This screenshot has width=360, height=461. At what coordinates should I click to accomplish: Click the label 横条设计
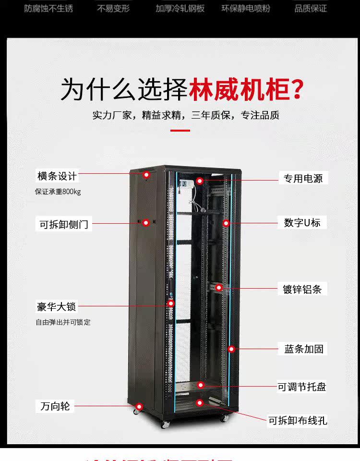point(57,176)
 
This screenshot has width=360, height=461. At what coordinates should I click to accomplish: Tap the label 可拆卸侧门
point(64,224)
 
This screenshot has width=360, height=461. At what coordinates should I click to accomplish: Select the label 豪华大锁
point(57,306)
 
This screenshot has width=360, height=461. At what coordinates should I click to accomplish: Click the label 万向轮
point(55,406)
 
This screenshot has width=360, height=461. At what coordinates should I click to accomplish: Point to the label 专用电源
point(303,179)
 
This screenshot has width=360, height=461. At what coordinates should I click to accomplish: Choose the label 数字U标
point(302,223)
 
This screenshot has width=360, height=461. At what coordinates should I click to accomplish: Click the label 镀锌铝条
point(302,289)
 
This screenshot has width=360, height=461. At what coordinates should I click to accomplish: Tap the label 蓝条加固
point(304,349)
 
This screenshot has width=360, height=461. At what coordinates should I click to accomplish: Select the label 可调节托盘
point(302,387)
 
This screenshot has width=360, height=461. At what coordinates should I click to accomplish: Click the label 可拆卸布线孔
point(298,421)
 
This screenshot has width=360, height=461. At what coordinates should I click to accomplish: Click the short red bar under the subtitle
point(180,130)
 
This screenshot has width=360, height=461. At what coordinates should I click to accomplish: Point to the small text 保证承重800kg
point(58,192)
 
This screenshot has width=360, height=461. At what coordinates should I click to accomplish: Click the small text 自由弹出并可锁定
point(63,322)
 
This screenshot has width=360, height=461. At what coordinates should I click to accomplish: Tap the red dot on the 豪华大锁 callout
point(170,303)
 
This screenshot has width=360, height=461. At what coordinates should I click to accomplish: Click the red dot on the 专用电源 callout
point(199,181)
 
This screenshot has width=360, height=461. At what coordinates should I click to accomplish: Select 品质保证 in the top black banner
point(311,9)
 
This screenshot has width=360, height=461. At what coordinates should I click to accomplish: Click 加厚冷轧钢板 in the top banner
point(180,9)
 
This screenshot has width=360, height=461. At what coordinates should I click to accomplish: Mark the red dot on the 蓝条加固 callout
point(231,349)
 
